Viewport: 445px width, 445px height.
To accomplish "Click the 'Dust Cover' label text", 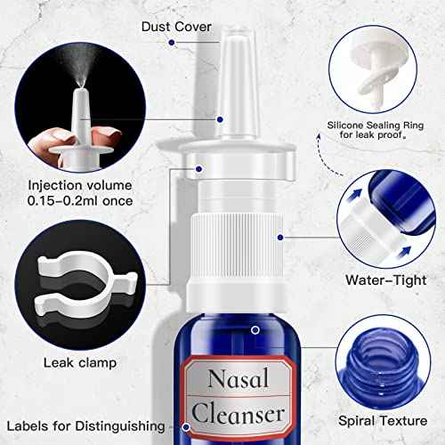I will pyautogui.click(x=176, y=26).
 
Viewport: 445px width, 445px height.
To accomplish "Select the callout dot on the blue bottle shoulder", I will pyautogui.click(x=255, y=329).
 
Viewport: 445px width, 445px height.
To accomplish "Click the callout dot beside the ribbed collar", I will pyautogui.click(x=279, y=238).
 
